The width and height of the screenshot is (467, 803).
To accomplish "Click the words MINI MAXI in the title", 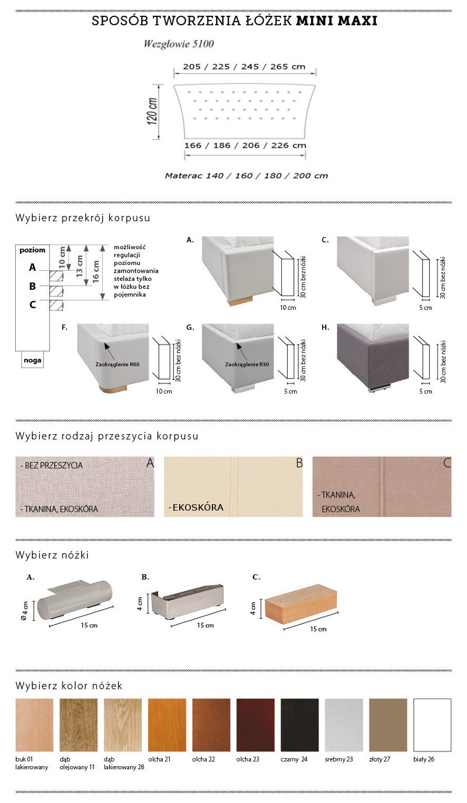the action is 336,21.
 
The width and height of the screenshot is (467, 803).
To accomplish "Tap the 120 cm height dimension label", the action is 152,111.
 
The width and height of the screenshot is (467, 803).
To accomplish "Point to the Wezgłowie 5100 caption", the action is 179,44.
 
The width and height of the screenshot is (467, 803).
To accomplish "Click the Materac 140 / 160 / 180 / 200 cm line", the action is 246,176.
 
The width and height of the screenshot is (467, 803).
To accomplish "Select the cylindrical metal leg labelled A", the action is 75,600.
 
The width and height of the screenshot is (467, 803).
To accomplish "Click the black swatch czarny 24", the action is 299,724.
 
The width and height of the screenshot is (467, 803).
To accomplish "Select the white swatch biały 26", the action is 432,724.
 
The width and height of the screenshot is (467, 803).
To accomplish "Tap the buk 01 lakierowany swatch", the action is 34,724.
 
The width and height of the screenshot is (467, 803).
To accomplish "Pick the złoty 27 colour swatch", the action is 388,724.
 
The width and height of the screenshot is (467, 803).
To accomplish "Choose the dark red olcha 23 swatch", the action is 255,724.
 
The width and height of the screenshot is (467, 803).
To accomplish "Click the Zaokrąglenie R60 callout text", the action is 117,364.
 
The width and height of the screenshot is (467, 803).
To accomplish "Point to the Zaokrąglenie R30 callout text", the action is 247,364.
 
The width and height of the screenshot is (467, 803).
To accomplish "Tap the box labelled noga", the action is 32,360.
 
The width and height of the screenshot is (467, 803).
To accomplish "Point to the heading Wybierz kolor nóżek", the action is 69,686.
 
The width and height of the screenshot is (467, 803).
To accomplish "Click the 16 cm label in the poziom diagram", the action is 96,271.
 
